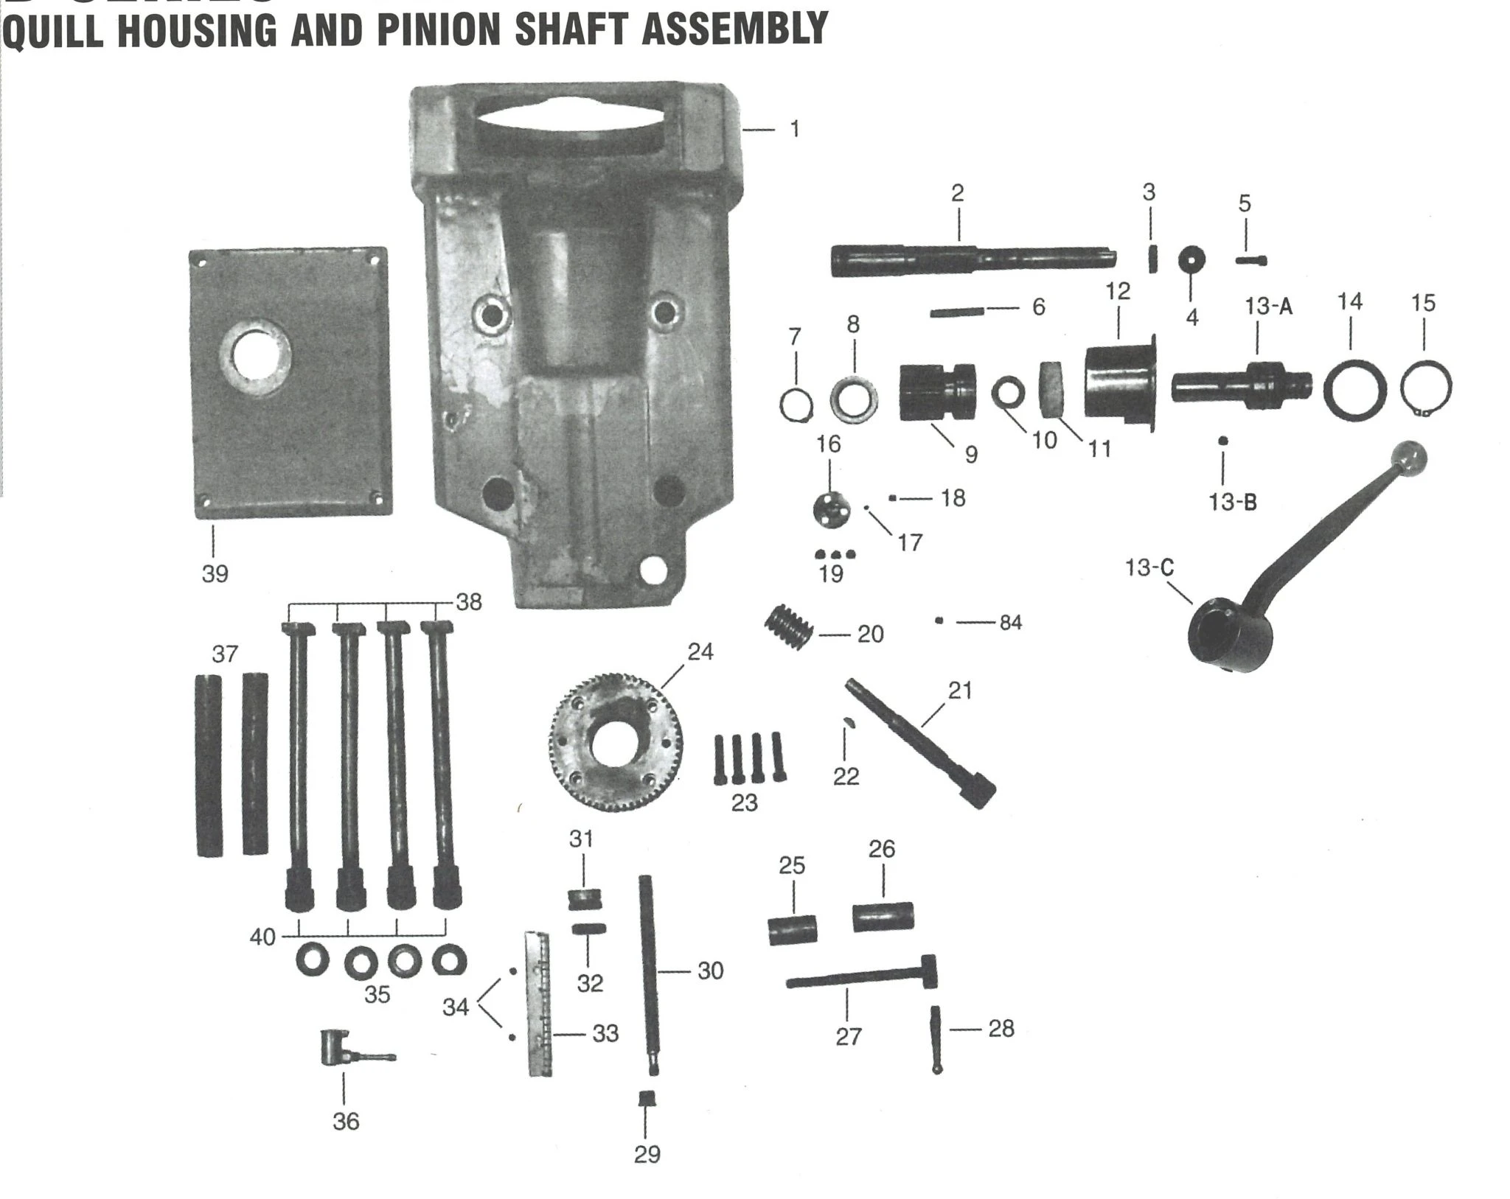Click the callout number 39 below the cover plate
[x=215, y=573]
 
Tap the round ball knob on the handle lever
[x=1409, y=459]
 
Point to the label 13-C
[x=1149, y=568]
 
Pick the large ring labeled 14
[x=1354, y=391]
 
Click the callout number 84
[x=1010, y=623]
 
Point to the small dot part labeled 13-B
[x=1223, y=441]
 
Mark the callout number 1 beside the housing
[x=794, y=130]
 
